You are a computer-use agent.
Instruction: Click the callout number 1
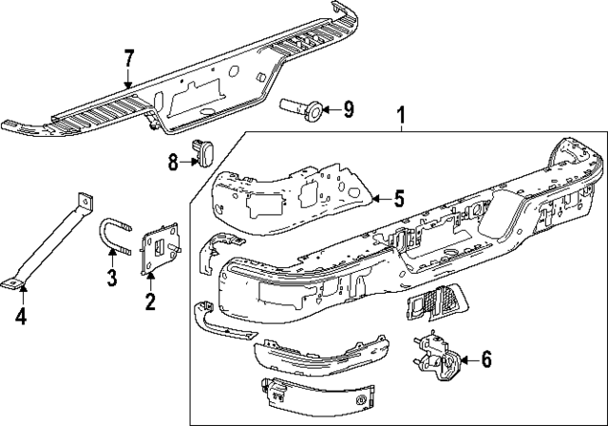(x=402, y=116)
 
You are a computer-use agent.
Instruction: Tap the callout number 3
(x=111, y=278)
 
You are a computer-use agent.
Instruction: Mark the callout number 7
(x=129, y=59)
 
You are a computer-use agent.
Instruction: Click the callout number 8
(x=173, y=162)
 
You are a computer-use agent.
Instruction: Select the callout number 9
(x=348, y=109)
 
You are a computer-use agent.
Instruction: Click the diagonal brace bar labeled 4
(x=52, y=242)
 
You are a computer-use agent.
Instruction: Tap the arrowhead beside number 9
(x=328, y=110)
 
